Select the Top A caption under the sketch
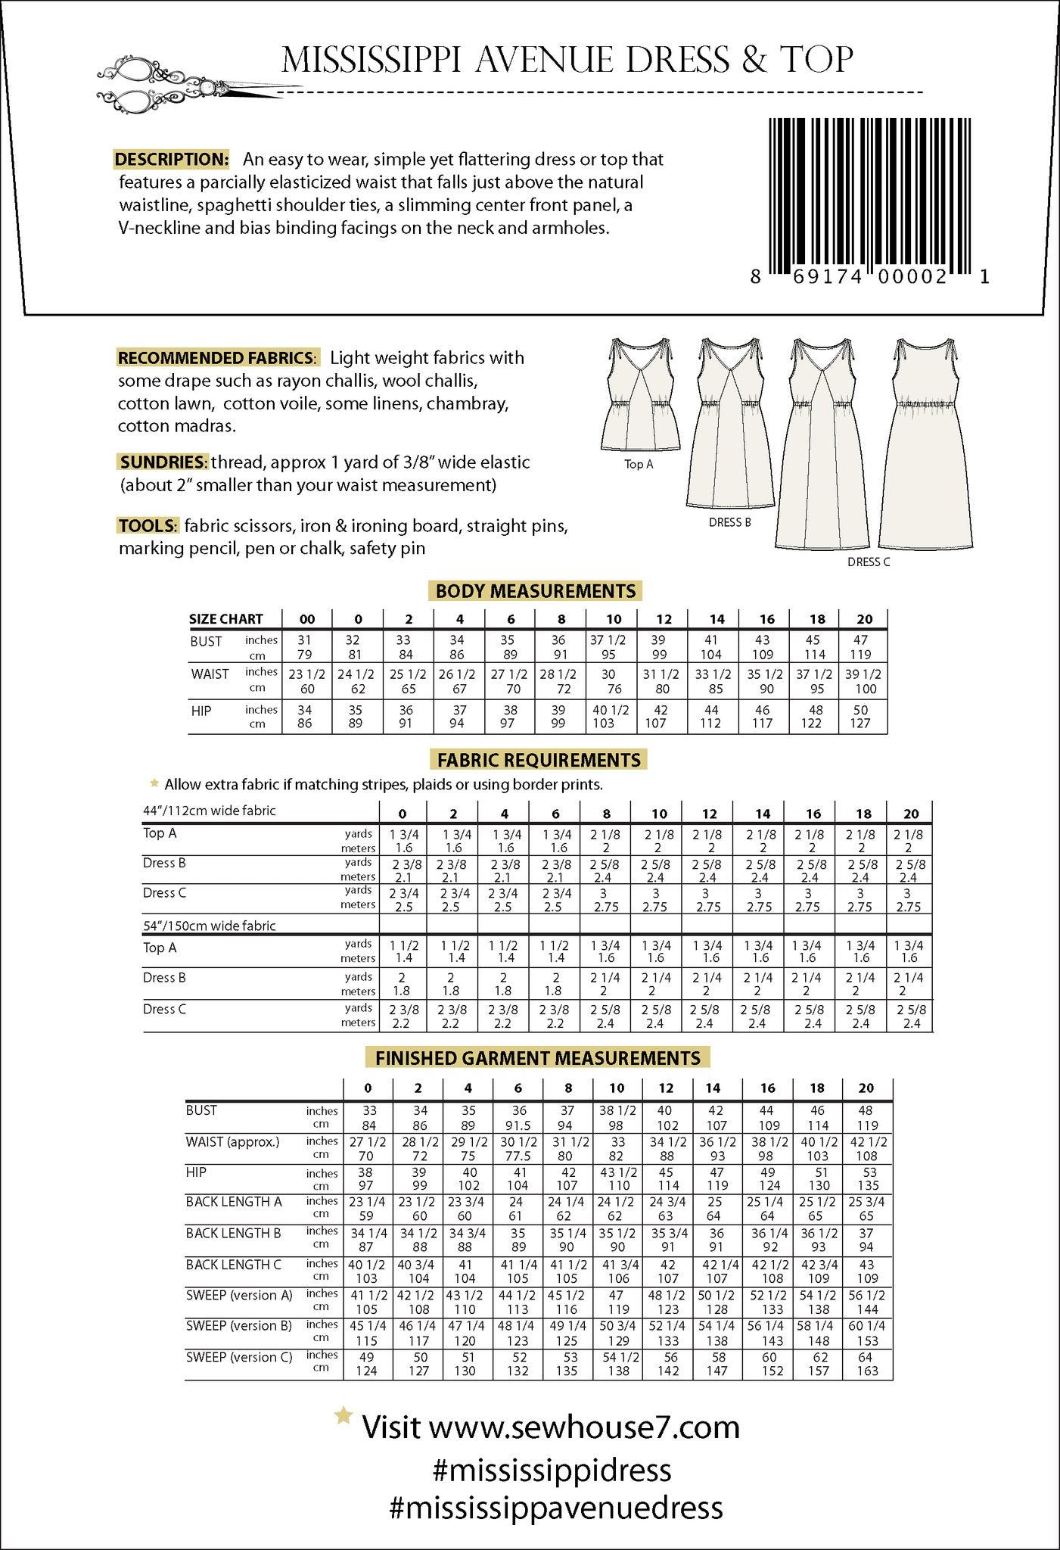coord(639,464)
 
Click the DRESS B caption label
coord(729,522)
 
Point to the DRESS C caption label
coord(868,562)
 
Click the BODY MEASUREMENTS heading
coord(536,591)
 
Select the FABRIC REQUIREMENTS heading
coord(539,760)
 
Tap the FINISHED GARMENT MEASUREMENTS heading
coord(538,1057)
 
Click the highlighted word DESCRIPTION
coord(172,159)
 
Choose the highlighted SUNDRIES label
coord(163,462)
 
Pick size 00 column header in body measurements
coord(306,619)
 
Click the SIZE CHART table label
coord(225,619)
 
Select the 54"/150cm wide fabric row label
coord(210,926)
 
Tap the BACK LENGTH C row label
coord(234,1265)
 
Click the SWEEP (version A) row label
coord(239,1295)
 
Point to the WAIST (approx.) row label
coord(232,1141)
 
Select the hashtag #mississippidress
coord(552,1471)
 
